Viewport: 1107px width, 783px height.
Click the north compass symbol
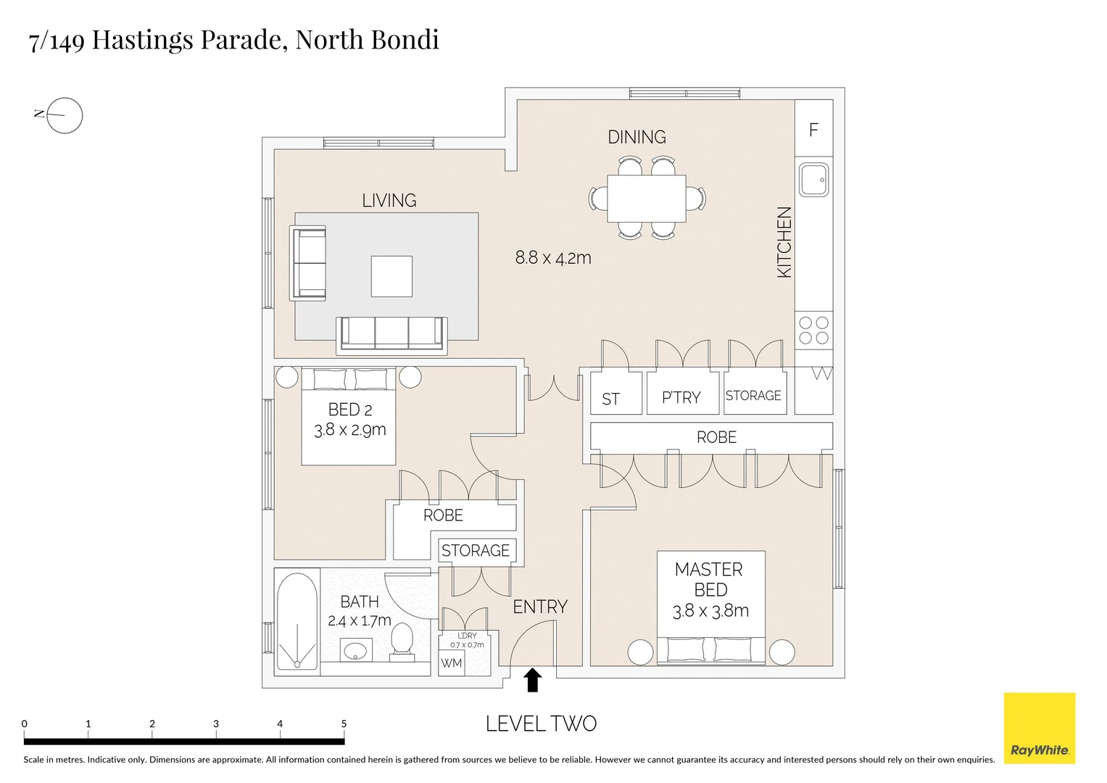tap(64, 115)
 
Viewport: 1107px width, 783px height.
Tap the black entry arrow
tap(533, 680)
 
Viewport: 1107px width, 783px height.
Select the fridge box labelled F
tap(813, 129)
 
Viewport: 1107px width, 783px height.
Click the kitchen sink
tap(813, 179)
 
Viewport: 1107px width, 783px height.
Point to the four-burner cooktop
tap(813, 331)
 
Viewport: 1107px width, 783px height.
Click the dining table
tap(647, 199)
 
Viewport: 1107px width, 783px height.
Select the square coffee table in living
tap(391, 276)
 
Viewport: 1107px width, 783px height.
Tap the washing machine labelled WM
tap(451, 663)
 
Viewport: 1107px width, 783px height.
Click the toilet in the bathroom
tap(402, 642)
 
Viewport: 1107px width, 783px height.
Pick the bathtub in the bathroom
tap(297, 622)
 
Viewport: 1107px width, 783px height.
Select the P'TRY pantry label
tap(681, 397)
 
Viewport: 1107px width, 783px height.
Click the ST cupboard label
tap(610, 399)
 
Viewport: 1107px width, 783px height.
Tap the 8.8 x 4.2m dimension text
tap(553, 257)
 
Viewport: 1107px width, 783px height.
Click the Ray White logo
tap(1039, 727)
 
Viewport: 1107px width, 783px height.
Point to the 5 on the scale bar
tap(344, 724)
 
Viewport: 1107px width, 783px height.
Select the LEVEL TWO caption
tap(541, 724)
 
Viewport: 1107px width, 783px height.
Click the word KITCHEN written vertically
tap(784, 242)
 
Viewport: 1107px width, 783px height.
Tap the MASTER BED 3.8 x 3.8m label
tap(710, 590)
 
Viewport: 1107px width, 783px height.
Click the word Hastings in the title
tap(143, 39)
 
